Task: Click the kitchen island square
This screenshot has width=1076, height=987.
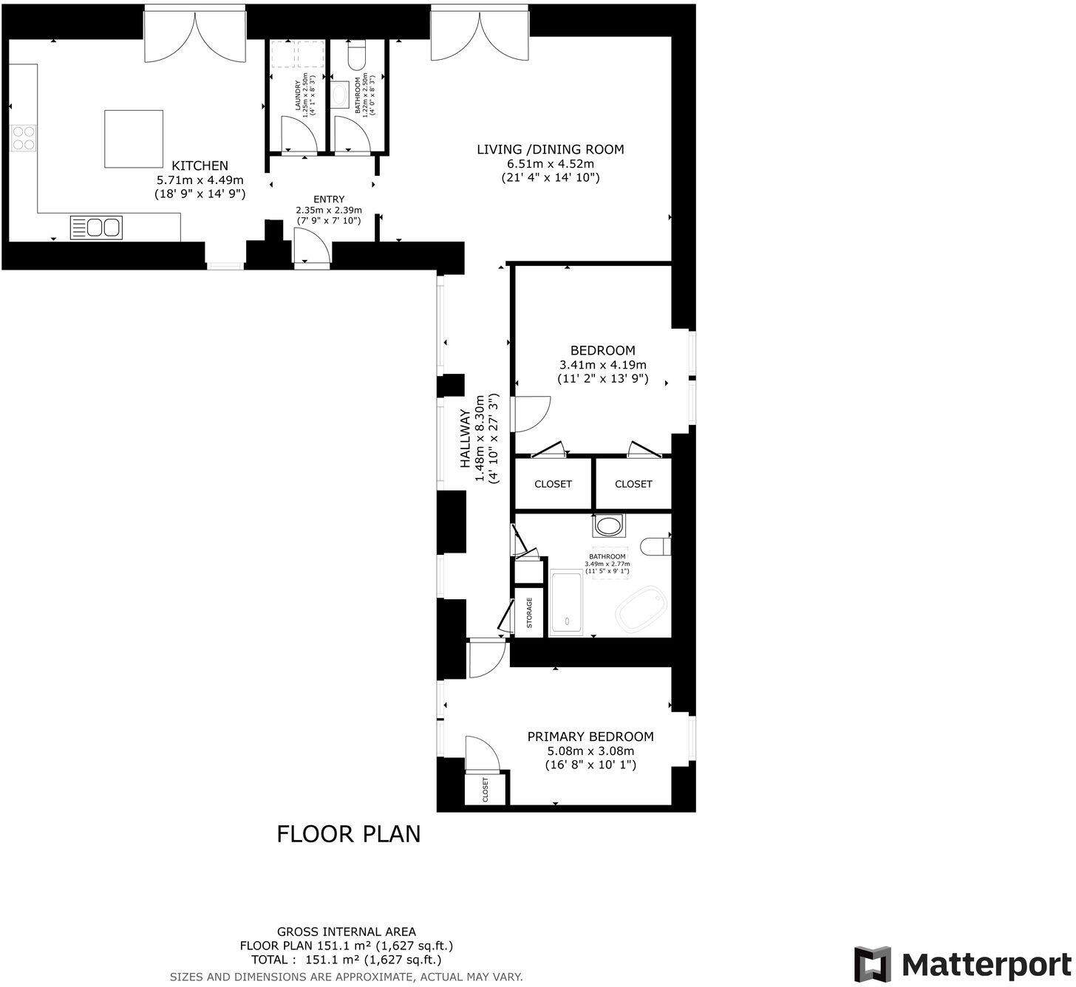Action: [x=134, y=139]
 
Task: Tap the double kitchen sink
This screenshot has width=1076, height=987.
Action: [x=96, y=227]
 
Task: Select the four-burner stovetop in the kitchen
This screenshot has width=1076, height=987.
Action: [x=24, y=137]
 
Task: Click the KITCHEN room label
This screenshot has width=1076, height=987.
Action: [x=200, y=165]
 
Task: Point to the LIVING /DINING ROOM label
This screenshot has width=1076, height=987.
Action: [x=550, y=150]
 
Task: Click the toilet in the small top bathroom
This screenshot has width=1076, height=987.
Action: [x=356, y=55]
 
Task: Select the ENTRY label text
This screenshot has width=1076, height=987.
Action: [x=329, y=199]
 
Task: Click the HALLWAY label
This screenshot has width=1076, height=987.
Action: [x=466, y=439]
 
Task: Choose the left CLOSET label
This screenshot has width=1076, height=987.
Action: [x=553, y=484]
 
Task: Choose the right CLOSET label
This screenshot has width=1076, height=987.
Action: [x=633, y=484]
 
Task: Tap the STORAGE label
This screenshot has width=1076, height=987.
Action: [x=529, y=612]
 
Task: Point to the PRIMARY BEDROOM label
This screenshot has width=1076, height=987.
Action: [x=590, y=737]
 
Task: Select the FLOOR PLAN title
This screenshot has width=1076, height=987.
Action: [x=348, y=834]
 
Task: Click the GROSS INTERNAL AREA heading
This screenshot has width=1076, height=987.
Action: [x=346, y=932]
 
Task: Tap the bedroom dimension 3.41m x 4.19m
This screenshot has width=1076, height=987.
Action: [x=602, y=365]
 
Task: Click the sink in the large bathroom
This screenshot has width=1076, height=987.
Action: [x=608, y=526]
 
